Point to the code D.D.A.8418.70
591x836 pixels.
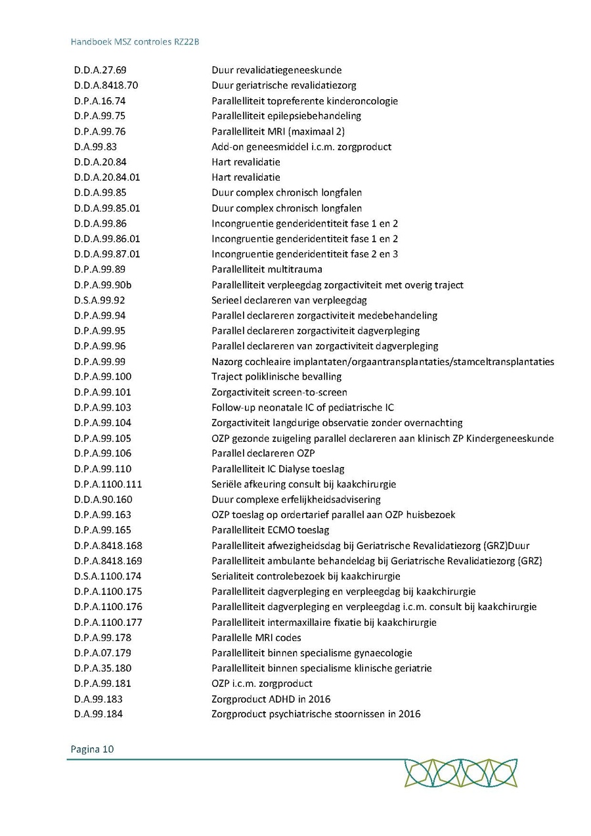[106, 85]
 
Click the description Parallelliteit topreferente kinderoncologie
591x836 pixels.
[305, 100]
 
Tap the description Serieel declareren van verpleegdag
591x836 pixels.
[289, 300]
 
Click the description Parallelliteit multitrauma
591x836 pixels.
[267, 269]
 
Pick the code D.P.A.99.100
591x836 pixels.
[102, 377]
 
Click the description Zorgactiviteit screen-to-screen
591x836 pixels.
[279, 392]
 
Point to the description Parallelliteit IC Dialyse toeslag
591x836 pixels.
[278, 469]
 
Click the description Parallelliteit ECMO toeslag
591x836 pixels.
[271, 530]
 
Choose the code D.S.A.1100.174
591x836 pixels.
[108, 577]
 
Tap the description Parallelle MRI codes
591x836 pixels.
[256, 638]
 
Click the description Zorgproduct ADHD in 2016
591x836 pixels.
[271, 699]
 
